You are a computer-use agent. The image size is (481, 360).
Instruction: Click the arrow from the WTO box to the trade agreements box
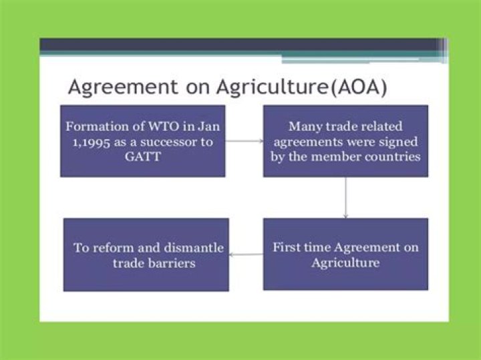point(244,140)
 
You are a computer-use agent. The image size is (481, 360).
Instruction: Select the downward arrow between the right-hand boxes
point(345,198)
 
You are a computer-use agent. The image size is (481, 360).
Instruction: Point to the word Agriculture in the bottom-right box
point(345,262)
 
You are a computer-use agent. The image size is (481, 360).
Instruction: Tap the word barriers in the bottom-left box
point(172,263)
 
